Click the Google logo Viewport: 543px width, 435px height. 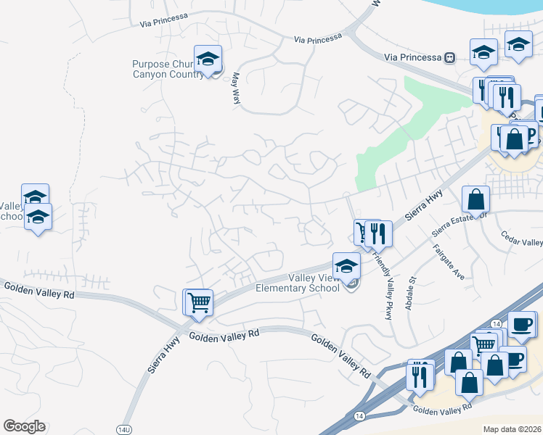tap(24, 426)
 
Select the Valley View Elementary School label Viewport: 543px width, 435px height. tap(297, 283)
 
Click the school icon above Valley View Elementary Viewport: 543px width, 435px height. tap(346, 265)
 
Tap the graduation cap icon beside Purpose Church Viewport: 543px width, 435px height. tap(208, 59)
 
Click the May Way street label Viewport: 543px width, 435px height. tap(236, 91)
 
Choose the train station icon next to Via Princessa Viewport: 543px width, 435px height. tap(449, 57)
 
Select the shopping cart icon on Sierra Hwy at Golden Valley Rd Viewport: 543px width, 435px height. tap(199, 302)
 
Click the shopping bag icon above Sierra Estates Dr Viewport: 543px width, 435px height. tap(475, 199)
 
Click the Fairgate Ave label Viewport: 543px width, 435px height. tap(449, 262)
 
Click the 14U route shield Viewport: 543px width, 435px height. tap(124, 429)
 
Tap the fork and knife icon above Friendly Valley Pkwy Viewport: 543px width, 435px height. tap(378, 233)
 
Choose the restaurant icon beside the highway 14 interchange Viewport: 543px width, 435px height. tap(420, 376)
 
